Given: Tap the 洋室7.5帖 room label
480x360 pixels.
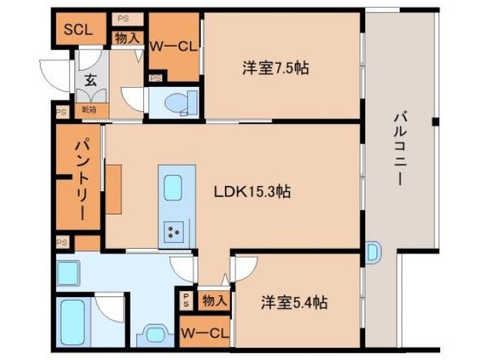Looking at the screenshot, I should click(275, 68).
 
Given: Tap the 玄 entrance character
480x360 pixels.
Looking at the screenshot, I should click(90, 79).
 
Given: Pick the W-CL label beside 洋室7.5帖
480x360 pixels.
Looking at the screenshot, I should click(173, 46).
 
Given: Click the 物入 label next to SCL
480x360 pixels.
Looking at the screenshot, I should click(127, 37).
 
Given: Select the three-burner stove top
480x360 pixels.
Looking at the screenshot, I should click(174, 232).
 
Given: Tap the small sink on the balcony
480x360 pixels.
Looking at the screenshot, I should click(374, 252).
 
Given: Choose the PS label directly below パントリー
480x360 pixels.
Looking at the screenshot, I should click(62, 242).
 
